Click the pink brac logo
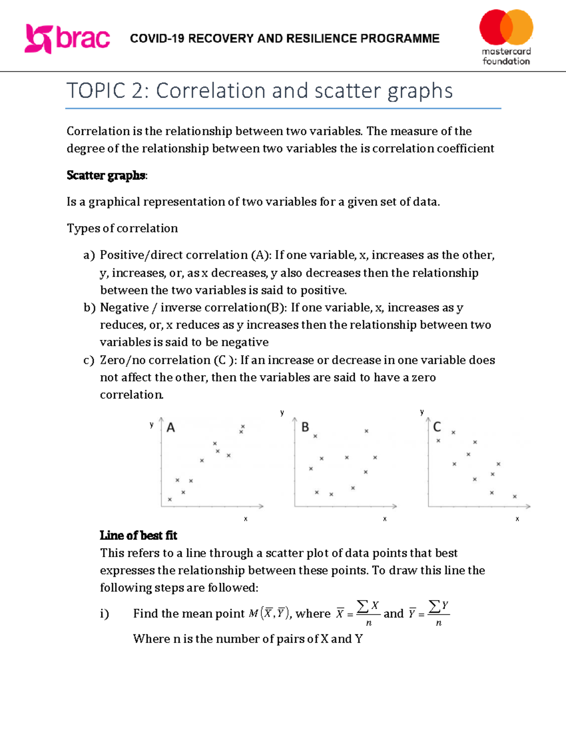67,39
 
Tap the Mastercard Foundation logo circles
506,27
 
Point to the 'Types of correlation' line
122,229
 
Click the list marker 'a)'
89,255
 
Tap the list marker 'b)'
90,308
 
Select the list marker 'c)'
89,361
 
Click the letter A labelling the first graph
171,428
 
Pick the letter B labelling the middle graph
305,427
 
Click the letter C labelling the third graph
437,427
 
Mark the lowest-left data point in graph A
170,500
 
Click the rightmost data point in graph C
515,496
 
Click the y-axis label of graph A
151,425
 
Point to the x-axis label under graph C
517,519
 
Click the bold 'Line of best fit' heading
138,535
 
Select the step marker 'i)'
104,614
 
